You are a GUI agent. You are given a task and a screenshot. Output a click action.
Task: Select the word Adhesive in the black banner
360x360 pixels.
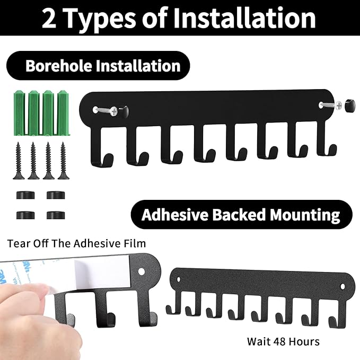tap(174, 215)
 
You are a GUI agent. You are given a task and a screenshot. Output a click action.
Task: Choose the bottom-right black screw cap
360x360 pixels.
tap(55, 215)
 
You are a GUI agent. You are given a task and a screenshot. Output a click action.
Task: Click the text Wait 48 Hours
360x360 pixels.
tap(283, 341)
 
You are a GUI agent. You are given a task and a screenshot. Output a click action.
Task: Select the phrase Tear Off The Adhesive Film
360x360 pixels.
tap(76, 244)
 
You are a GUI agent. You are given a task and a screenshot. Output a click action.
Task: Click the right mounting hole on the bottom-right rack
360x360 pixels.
tap(341, 286)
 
